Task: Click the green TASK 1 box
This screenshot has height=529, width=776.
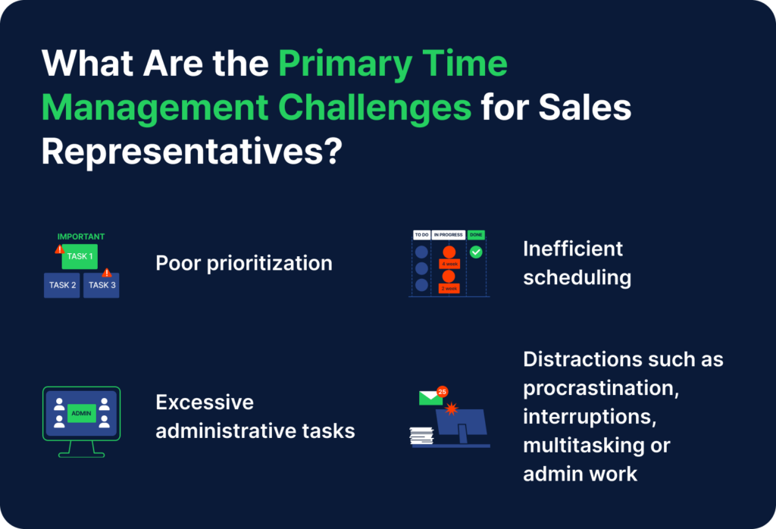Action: (80, 256)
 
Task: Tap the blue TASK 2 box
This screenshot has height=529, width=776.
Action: (62, 285)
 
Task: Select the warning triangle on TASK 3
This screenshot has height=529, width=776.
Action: (107, 272)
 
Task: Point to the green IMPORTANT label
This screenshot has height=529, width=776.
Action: (81, 236)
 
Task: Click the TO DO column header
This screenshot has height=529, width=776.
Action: (421, 235)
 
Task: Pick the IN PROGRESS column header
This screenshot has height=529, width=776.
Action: (448, 235)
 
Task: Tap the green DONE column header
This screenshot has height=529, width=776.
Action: (476, 235)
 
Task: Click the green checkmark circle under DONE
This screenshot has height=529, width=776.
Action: (476, 252)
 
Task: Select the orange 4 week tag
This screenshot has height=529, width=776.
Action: (449, 264)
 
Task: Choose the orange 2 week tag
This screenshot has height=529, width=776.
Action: (449, 289)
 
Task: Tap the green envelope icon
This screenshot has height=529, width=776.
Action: (430, 398)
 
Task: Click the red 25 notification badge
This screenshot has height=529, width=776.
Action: (443, 391)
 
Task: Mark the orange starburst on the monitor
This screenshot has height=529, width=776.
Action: (453, 410)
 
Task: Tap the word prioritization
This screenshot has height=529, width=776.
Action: (271, 263)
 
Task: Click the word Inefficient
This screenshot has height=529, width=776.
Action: (573, 249)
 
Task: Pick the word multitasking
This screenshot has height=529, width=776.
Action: (580, 445)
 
